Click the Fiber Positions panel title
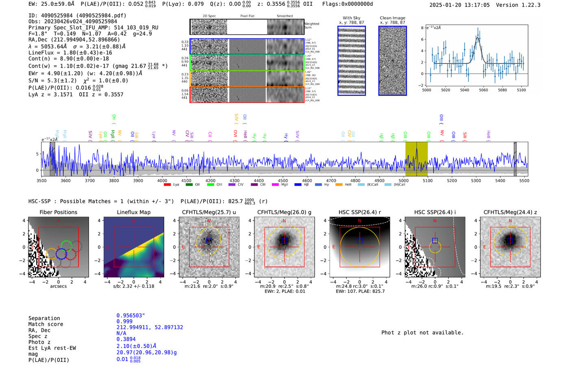(58, 212)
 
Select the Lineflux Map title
(134, 212)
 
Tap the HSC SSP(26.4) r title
(359, 212)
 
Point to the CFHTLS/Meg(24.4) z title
(510, 212)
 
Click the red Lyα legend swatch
(167, 185)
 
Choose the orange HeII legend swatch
(339, 185)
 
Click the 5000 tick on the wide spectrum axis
(404, 181)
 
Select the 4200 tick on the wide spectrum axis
(211, 181)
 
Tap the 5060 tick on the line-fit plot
(483, 90)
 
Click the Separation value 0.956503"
(130, 316)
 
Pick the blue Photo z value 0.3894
(126, 339)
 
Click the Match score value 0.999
(124, 321)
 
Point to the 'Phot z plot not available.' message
(422, 333)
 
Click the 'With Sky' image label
(352, 18)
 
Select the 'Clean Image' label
(392, 18)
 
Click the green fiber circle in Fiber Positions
(66, 246)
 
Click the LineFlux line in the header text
(70, 53)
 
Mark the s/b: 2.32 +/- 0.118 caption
(134, 286)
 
